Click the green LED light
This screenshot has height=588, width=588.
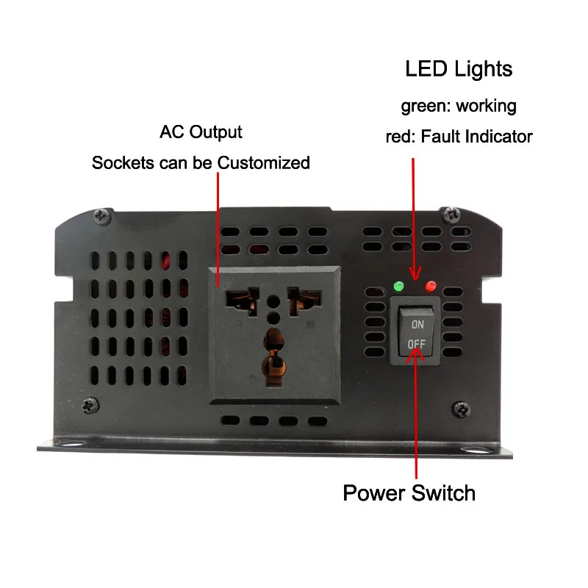click(x=398, y=287)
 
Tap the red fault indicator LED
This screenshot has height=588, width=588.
click(x=431, y=286)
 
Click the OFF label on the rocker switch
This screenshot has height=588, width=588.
click(x=417, y=344)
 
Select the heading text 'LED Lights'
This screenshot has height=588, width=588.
click(x=459, y=69)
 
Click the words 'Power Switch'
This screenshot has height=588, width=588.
click(x=409, y=492)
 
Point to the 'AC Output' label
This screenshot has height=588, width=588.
click(x=201, y=132)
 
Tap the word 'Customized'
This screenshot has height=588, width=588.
click(x=264, y=162)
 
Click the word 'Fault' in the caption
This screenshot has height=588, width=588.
click(x=439, y=136)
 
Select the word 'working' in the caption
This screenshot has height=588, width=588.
click(x=487, y=106)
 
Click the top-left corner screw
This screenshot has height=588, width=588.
click(x=102, y=216)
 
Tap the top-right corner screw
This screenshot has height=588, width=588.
click(x=451, y=215)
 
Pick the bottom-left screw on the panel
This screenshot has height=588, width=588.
click(x=90, y=406)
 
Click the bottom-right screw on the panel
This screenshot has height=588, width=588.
click(x=461, y=409)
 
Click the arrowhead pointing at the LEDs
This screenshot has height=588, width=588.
click(x=415, y=273)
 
